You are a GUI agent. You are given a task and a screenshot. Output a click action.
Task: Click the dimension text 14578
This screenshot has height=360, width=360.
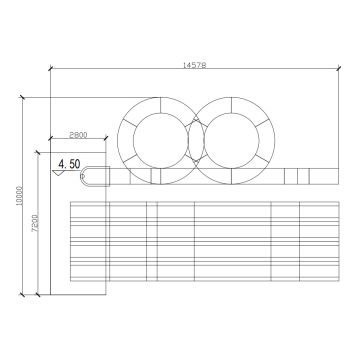[194, 65]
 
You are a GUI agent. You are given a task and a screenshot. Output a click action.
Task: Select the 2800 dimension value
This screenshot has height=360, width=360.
[78, 135]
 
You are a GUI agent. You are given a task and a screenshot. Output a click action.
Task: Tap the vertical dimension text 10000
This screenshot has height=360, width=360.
[19, 196]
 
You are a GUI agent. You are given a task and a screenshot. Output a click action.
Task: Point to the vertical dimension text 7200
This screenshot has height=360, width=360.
[36, 222]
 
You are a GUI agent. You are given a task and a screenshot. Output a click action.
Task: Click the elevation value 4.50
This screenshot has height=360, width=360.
[69, 164]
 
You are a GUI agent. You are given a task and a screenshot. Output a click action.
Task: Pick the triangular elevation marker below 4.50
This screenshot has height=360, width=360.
[60, 173]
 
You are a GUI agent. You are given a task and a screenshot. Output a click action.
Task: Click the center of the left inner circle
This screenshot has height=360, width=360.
[161, 140]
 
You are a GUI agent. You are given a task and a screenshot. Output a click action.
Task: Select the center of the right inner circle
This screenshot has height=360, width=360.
[232, 140]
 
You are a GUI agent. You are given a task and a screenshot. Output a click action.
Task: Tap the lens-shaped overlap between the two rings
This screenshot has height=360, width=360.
[196, 140]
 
